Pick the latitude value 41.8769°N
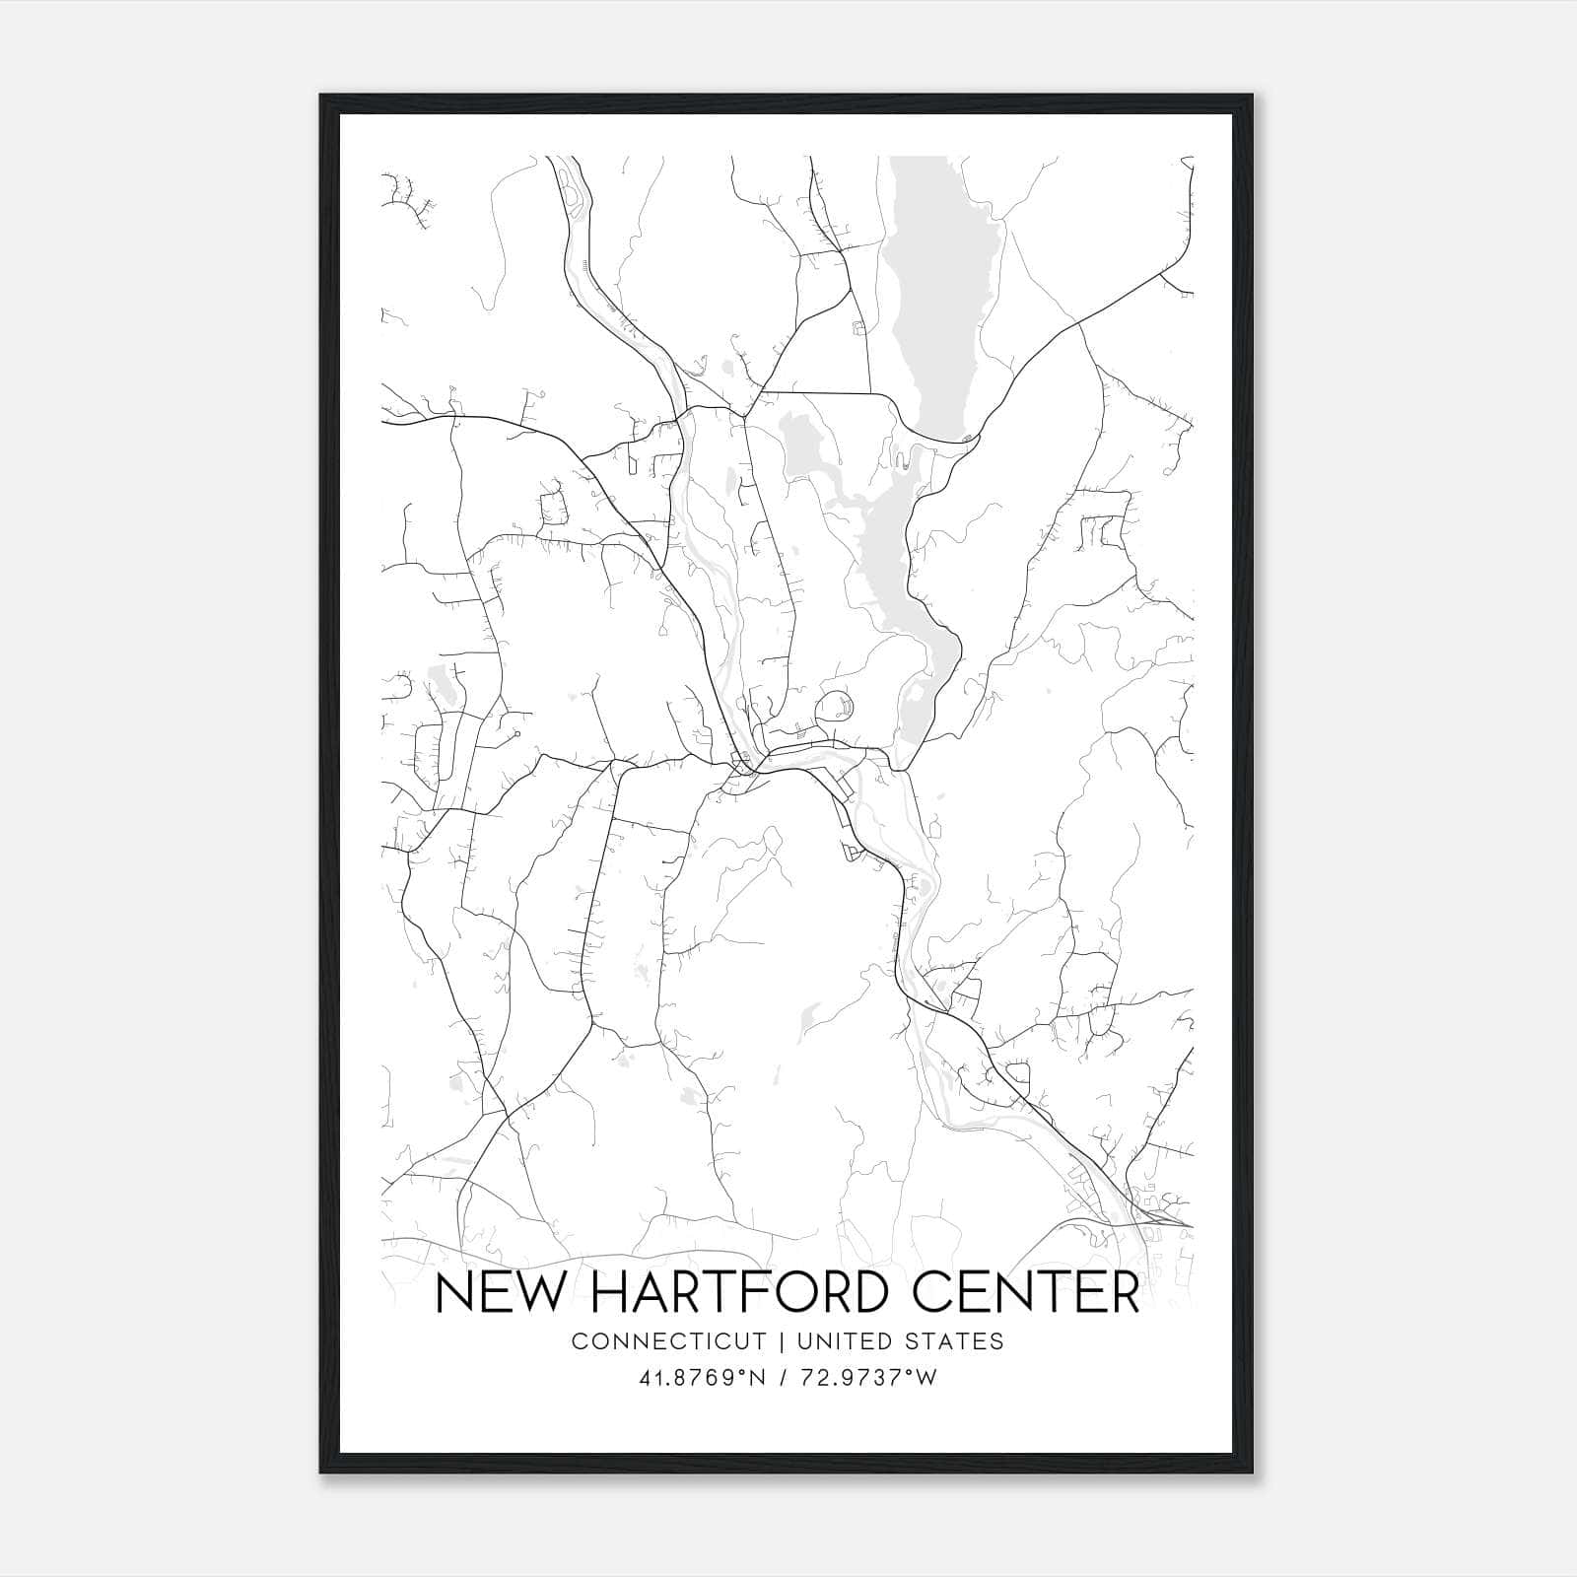[x=703, y=1378]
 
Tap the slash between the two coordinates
[x=784, y=1378]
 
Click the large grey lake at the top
[x=943, y=296]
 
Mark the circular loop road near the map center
[x=835, y=707]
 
